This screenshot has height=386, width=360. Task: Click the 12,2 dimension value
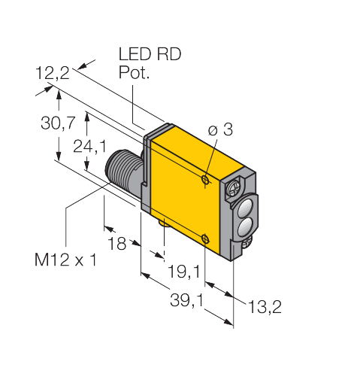pos(53,73)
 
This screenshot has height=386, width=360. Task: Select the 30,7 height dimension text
pos(58,123)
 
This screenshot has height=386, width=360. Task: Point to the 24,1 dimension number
pos(90,147)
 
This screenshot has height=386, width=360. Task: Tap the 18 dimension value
pos(116,243)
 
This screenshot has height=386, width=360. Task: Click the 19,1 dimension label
pos(184,272)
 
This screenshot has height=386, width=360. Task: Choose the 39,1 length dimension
pos(187,300)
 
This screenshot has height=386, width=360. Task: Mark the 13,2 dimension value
pos(265,306)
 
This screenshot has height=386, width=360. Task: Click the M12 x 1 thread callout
pos(65,260)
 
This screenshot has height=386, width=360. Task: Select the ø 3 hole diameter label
pos(220,129)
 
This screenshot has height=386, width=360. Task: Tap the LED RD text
pos(150,54)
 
